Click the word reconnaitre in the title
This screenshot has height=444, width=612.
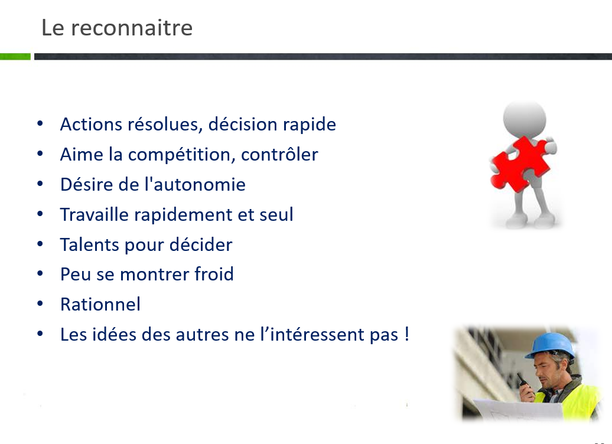pos(132,28)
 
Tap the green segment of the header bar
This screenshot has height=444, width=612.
pos(15,57)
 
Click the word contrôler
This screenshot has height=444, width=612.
pos(279,155)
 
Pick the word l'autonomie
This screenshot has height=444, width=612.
pos(195,185)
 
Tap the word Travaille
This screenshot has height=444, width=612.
pos(94,214)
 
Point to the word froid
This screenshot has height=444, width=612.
pos(214,274)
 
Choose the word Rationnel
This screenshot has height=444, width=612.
pos(100,304)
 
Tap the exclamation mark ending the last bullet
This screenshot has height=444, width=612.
pos(406,334)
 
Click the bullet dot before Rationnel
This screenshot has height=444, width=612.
pos(40,303)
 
